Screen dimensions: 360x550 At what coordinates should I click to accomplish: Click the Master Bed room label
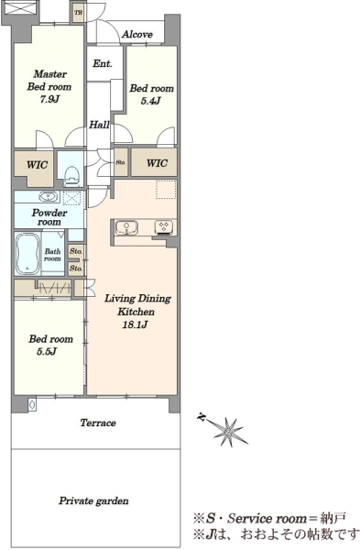[49, 81]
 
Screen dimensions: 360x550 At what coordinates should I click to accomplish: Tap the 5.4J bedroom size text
[151, 101]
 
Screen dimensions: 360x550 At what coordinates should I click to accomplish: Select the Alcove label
[137, 35]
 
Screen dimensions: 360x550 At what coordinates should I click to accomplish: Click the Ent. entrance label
[103, 63]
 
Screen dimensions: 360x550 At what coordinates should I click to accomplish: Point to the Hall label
[99, 125]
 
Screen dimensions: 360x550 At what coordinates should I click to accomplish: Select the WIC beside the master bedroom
[38, 164]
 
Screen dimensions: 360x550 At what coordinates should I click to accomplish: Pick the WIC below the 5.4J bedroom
[157, 163]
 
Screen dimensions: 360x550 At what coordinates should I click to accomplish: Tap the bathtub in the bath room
[27, 253]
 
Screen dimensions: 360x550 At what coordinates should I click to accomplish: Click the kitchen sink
[126, 227]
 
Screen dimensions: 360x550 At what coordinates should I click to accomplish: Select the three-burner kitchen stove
[164, 226]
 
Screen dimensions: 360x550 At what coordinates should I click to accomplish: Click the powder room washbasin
[49, 197]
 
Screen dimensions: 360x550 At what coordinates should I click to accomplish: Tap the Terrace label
[98, 423]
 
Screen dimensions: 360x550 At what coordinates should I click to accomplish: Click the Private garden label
[93, 500]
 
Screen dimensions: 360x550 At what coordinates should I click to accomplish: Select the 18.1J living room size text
[135, 324]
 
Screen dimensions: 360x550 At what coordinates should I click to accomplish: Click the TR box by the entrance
[79, 13]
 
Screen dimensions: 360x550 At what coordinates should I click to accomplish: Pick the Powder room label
[49, 217]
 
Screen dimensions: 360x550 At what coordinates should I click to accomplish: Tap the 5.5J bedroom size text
[47, 351]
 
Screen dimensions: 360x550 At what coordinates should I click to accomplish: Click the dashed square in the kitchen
[166, 190]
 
